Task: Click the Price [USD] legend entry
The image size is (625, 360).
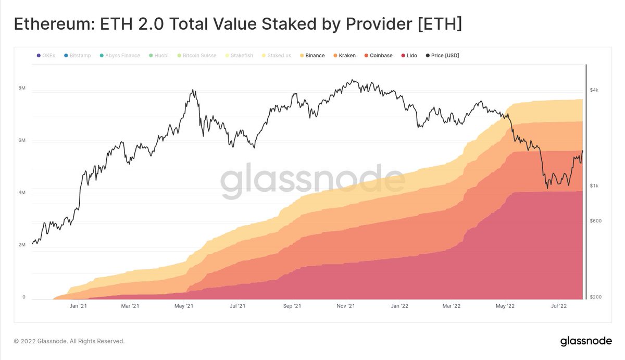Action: pos(442,55)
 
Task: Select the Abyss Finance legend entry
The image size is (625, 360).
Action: pos(120,55)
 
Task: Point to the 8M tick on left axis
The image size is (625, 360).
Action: pos(22,88)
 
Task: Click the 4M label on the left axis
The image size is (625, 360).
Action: pos(22,193)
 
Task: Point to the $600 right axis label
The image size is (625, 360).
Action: pos(595,220)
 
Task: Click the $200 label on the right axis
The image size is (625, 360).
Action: pos(595,297)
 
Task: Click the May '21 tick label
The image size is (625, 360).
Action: pos(183,306)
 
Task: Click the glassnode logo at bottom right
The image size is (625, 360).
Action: pos(585,341)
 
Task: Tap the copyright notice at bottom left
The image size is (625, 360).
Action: pos(69,341)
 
